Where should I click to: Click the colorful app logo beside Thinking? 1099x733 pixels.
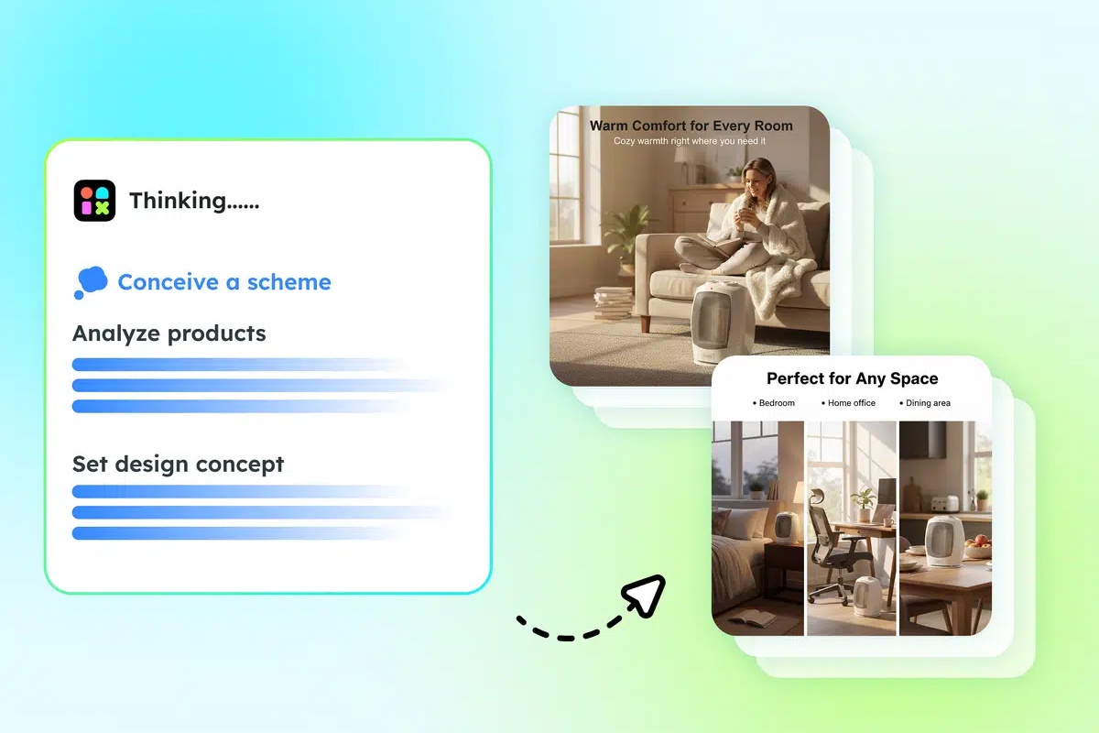(x=94, y=201)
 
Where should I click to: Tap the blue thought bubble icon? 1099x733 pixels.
(x=90, y=282)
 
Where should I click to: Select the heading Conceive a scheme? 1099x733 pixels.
(x=224, y=282)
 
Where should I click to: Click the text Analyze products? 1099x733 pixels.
(x=169, y=334)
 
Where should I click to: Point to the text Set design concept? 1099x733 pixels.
(x=179, y=465)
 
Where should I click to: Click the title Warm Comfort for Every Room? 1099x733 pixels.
(x=691, y=126)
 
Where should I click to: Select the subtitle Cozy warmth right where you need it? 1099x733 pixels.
(x=689, y=141)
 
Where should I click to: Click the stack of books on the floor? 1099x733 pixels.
(x=613, y=302)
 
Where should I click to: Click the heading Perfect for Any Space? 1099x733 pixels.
(x=852, y=378)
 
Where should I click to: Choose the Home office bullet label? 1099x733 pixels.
(x=851, y=403)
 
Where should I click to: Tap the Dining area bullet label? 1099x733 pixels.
(x=928, y=403)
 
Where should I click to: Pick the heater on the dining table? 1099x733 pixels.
(x=942, y=541)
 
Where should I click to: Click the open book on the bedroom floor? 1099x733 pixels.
(x=751, y=619)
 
